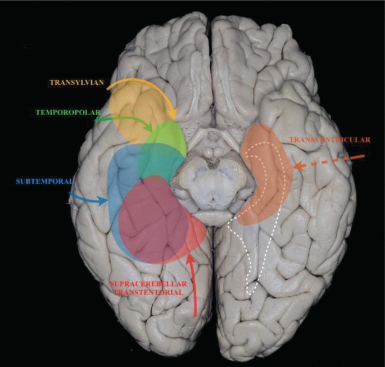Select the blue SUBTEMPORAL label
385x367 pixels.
click(38, 181)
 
